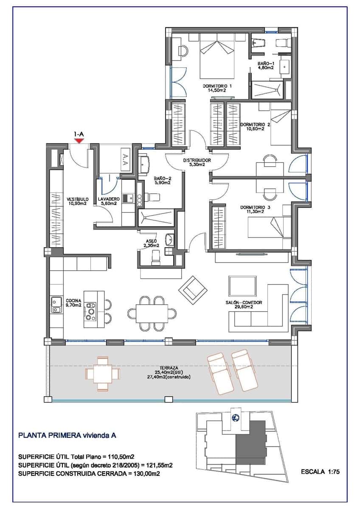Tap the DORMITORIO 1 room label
click(x=217, y=87)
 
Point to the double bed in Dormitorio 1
click(x=217, y=57)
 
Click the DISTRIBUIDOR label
click(x=197, y=160)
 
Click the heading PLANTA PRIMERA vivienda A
click(x=67, y=435)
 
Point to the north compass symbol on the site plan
click(x=234, y=417)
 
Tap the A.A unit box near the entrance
click(x=125, y=158)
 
